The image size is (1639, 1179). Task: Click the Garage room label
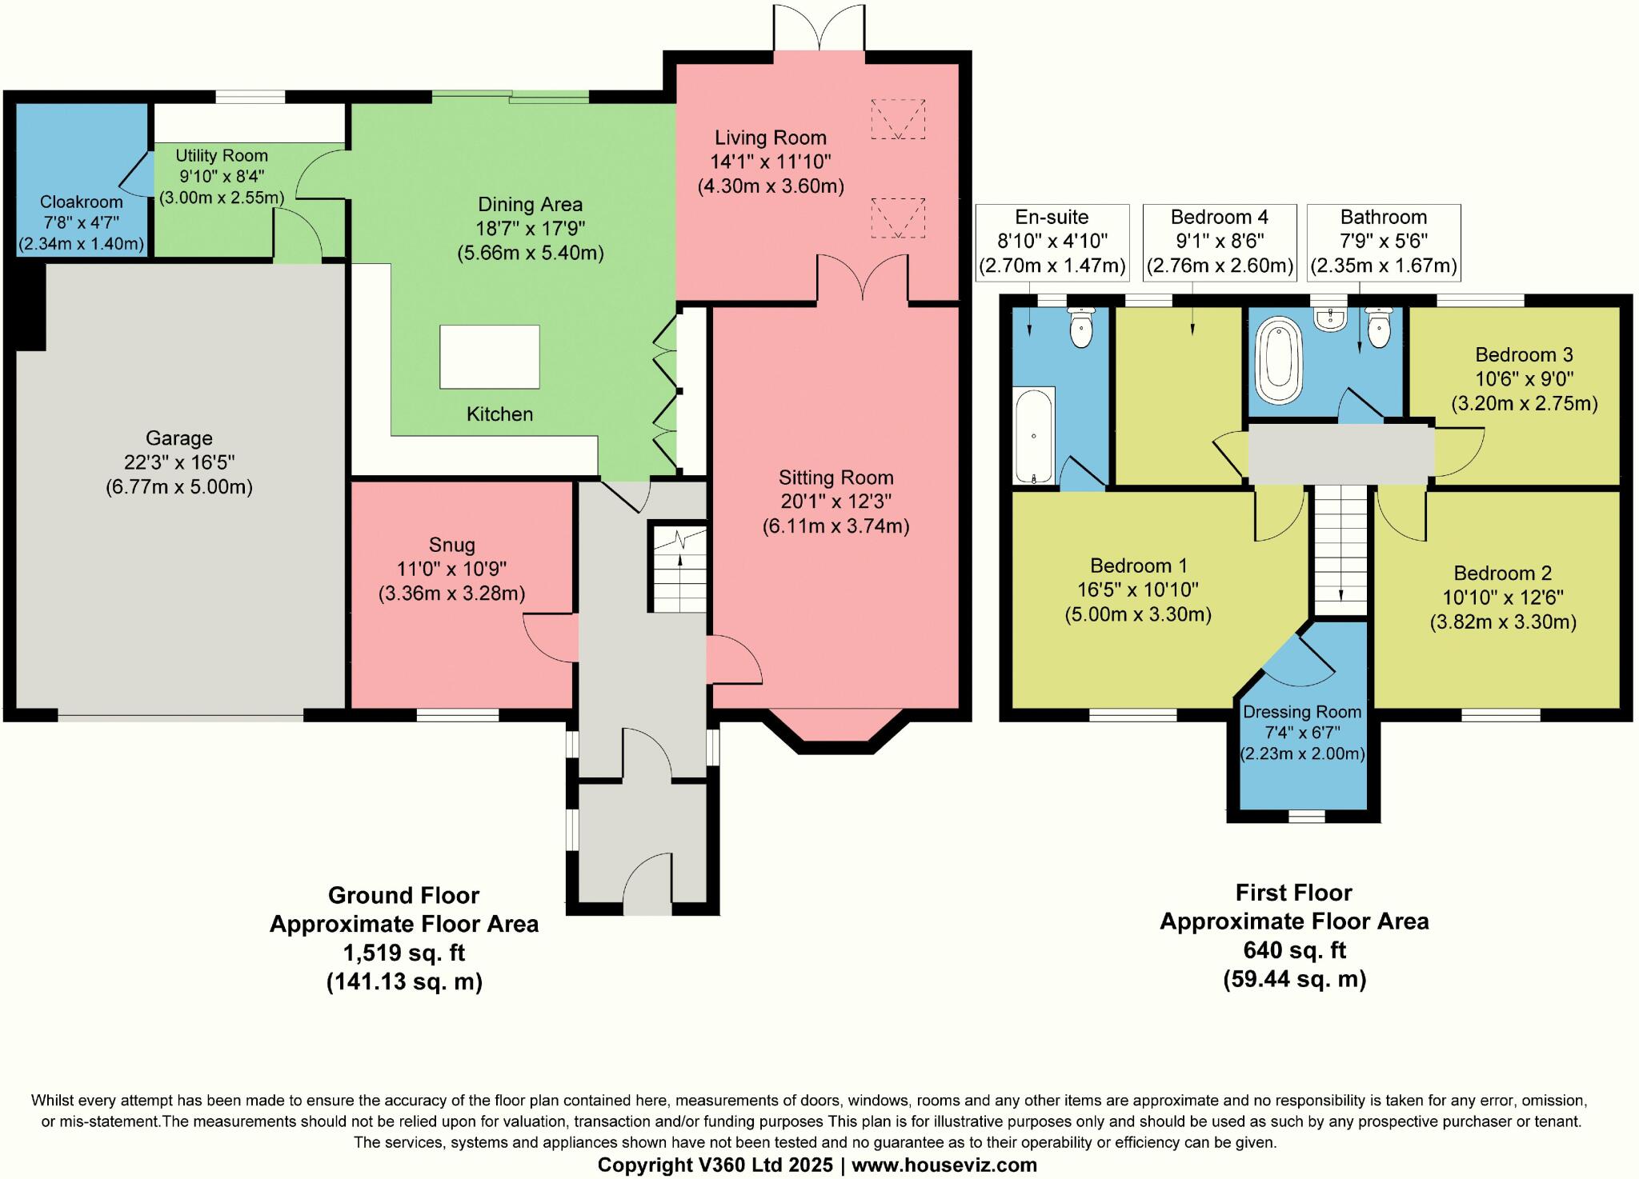click(x=179, y=438)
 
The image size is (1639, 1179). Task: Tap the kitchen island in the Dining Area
click(x=490, y=357)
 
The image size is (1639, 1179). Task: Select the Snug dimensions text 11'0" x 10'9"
click(x=452, y=570)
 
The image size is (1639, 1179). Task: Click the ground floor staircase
click(x=678, y=568)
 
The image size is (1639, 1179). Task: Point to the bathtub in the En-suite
click(x=1034, y=435)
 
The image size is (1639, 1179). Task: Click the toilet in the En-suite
click(x=1081, y=328)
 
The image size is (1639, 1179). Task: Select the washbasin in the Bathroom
click(x=1330, y=320)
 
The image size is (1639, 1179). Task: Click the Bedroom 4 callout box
click(x=1220, y=242)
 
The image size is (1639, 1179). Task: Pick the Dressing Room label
click(x=1302, y=712)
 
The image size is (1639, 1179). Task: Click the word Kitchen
click(x=500, y=414)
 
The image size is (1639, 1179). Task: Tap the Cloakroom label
click(x=82, y=202)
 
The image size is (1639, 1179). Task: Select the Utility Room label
click(x=222, y=156)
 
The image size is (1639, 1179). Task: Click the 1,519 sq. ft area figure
click(x=404, y=953)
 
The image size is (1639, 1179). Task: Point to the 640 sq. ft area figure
click(x=1295, y=950)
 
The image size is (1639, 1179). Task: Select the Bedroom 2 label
click(x=1503, y=574)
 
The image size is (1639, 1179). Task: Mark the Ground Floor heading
click(x=404, y=895)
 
